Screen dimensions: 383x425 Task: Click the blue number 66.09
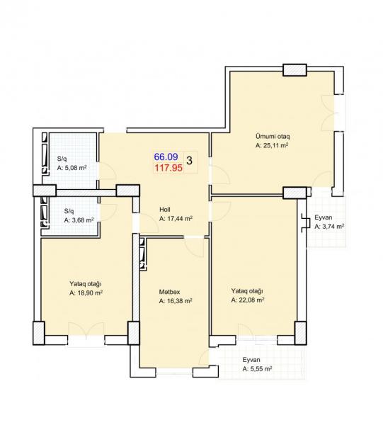tap(166, 157)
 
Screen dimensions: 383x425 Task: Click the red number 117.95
tap(168, 168)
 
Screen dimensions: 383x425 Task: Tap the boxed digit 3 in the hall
tap(189, 161)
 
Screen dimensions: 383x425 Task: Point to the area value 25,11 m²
tap(272, 145)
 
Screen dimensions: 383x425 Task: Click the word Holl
tap(165, 209)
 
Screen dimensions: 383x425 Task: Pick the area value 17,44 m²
tap(176, 218)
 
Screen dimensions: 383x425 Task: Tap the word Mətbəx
tap(170, 292)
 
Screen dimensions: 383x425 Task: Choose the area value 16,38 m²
tap(176, 301)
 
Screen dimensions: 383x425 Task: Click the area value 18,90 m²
tap(86, 293)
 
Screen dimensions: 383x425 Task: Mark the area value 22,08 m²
tap(248, 300)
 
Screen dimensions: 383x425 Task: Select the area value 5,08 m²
tap(72, 168)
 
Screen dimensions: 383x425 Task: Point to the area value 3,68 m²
tap(79, 220)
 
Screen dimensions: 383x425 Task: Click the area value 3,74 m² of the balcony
tap(329, 227)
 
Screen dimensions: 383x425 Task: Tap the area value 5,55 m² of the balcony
tap(257, 369)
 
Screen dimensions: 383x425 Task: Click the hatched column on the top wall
tap(295, 70)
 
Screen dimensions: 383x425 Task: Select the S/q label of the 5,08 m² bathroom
tap(62, 159)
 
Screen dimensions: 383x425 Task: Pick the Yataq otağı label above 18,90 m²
tap(86, 284)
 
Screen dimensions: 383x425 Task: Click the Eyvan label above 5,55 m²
tap(251, 360)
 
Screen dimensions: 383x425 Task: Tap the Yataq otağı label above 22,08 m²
tap(247, 291)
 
